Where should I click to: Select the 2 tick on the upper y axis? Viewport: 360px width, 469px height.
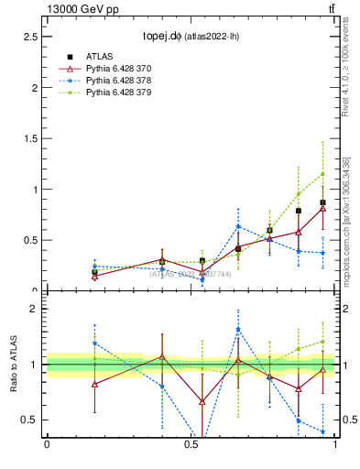click(x=34, y=88)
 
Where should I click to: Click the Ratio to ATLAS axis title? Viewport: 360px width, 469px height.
click(x=12, y=365)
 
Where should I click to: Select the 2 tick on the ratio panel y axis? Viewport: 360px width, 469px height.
click(x=34, y=309)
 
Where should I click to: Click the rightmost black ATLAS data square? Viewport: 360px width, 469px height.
click(x=322, y=202)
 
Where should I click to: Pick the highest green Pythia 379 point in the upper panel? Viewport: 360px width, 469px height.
click(x=322, y=174)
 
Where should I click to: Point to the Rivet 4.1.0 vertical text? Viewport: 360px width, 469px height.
click(x=345, y=69)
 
